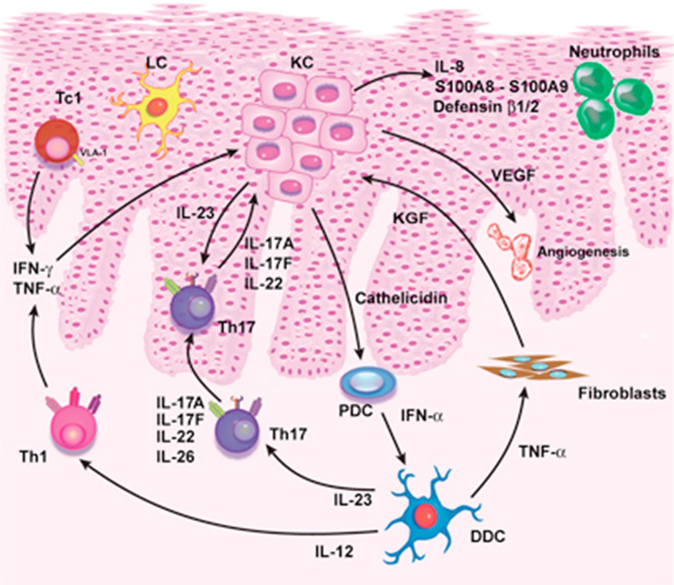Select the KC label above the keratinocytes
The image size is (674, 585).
[x=292, y=63]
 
